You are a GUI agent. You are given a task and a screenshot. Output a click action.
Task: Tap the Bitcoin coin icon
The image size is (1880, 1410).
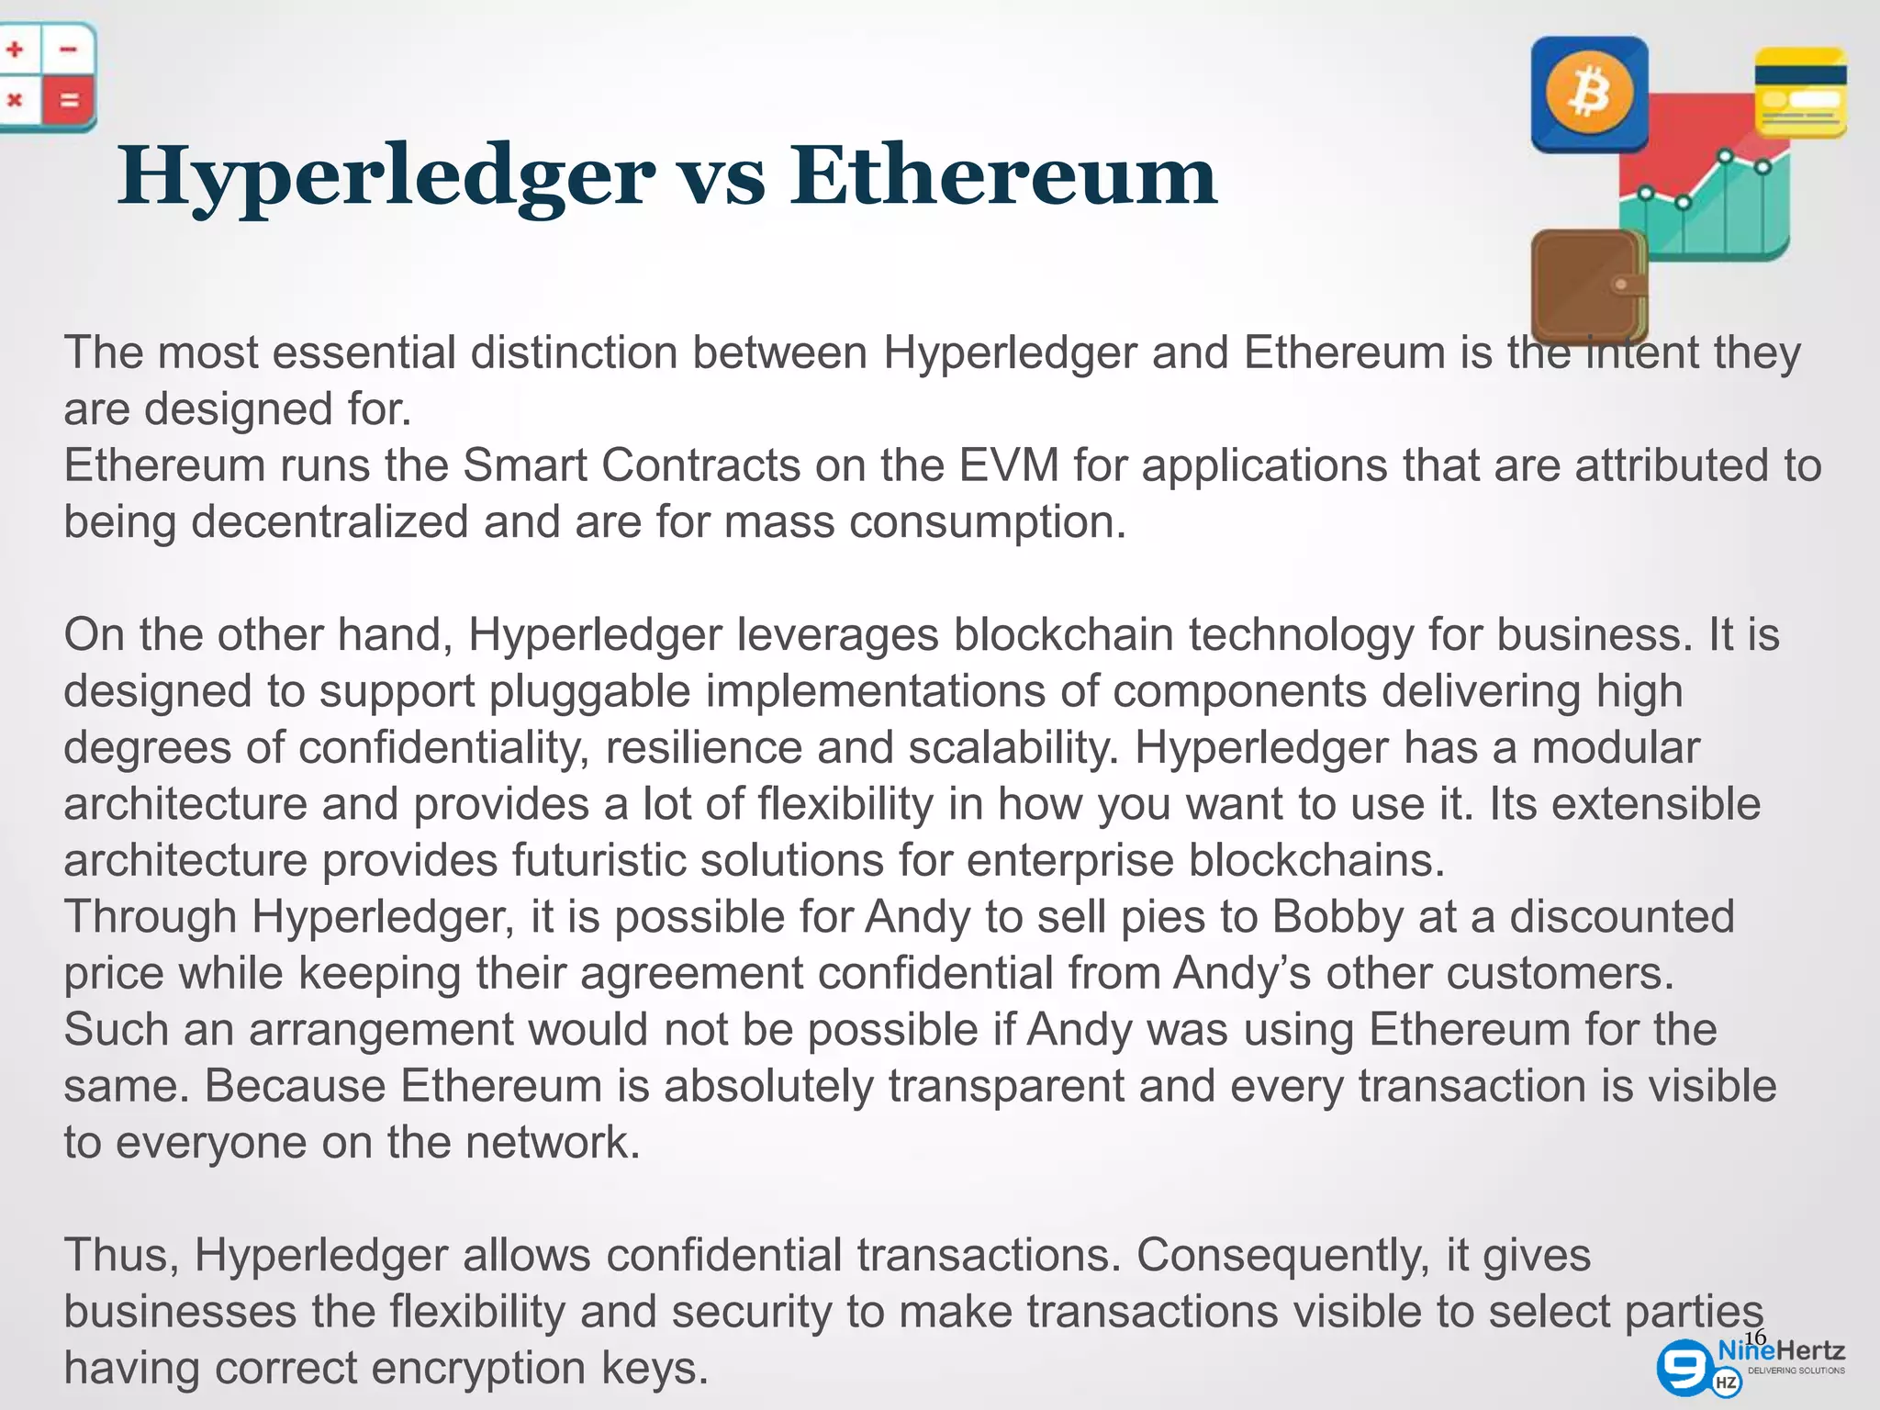1589,95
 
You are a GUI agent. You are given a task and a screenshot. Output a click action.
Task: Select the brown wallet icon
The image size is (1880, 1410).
1587,285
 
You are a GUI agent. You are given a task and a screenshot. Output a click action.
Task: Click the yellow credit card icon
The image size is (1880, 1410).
1800,93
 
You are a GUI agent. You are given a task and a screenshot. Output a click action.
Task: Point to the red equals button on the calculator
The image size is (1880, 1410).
70,100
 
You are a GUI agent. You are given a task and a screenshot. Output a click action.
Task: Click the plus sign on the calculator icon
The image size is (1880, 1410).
15,50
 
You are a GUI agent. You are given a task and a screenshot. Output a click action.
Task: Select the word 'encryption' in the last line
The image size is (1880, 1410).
479,1368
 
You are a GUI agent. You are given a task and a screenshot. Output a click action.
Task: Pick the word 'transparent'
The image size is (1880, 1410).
1006,1086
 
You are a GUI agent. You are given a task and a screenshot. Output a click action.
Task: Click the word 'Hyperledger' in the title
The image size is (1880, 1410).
386,175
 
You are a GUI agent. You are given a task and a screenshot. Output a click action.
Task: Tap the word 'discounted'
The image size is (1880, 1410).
1622,916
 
